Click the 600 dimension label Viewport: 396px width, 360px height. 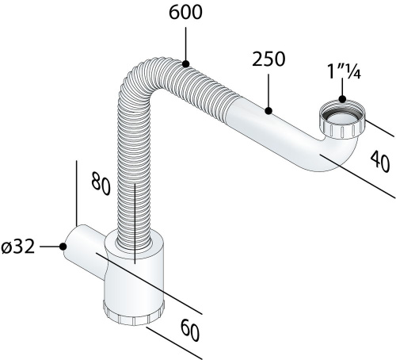click(x=185, y=13)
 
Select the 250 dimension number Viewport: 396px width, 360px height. click(x=268, y=59)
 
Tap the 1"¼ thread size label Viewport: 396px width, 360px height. click(x=344, y=71)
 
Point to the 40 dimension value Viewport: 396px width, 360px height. click(x=380, y=162)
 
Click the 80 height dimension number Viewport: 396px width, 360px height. click(x=101, y=183)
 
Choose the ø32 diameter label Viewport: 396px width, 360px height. click(x=18, y=247)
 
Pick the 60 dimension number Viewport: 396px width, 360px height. click(x=190, y=330)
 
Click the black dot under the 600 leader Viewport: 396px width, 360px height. click(x=185, y=63)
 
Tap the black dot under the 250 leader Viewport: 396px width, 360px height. click(x=268, y=111)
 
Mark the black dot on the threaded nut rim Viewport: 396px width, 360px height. click(x=342, y=99)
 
